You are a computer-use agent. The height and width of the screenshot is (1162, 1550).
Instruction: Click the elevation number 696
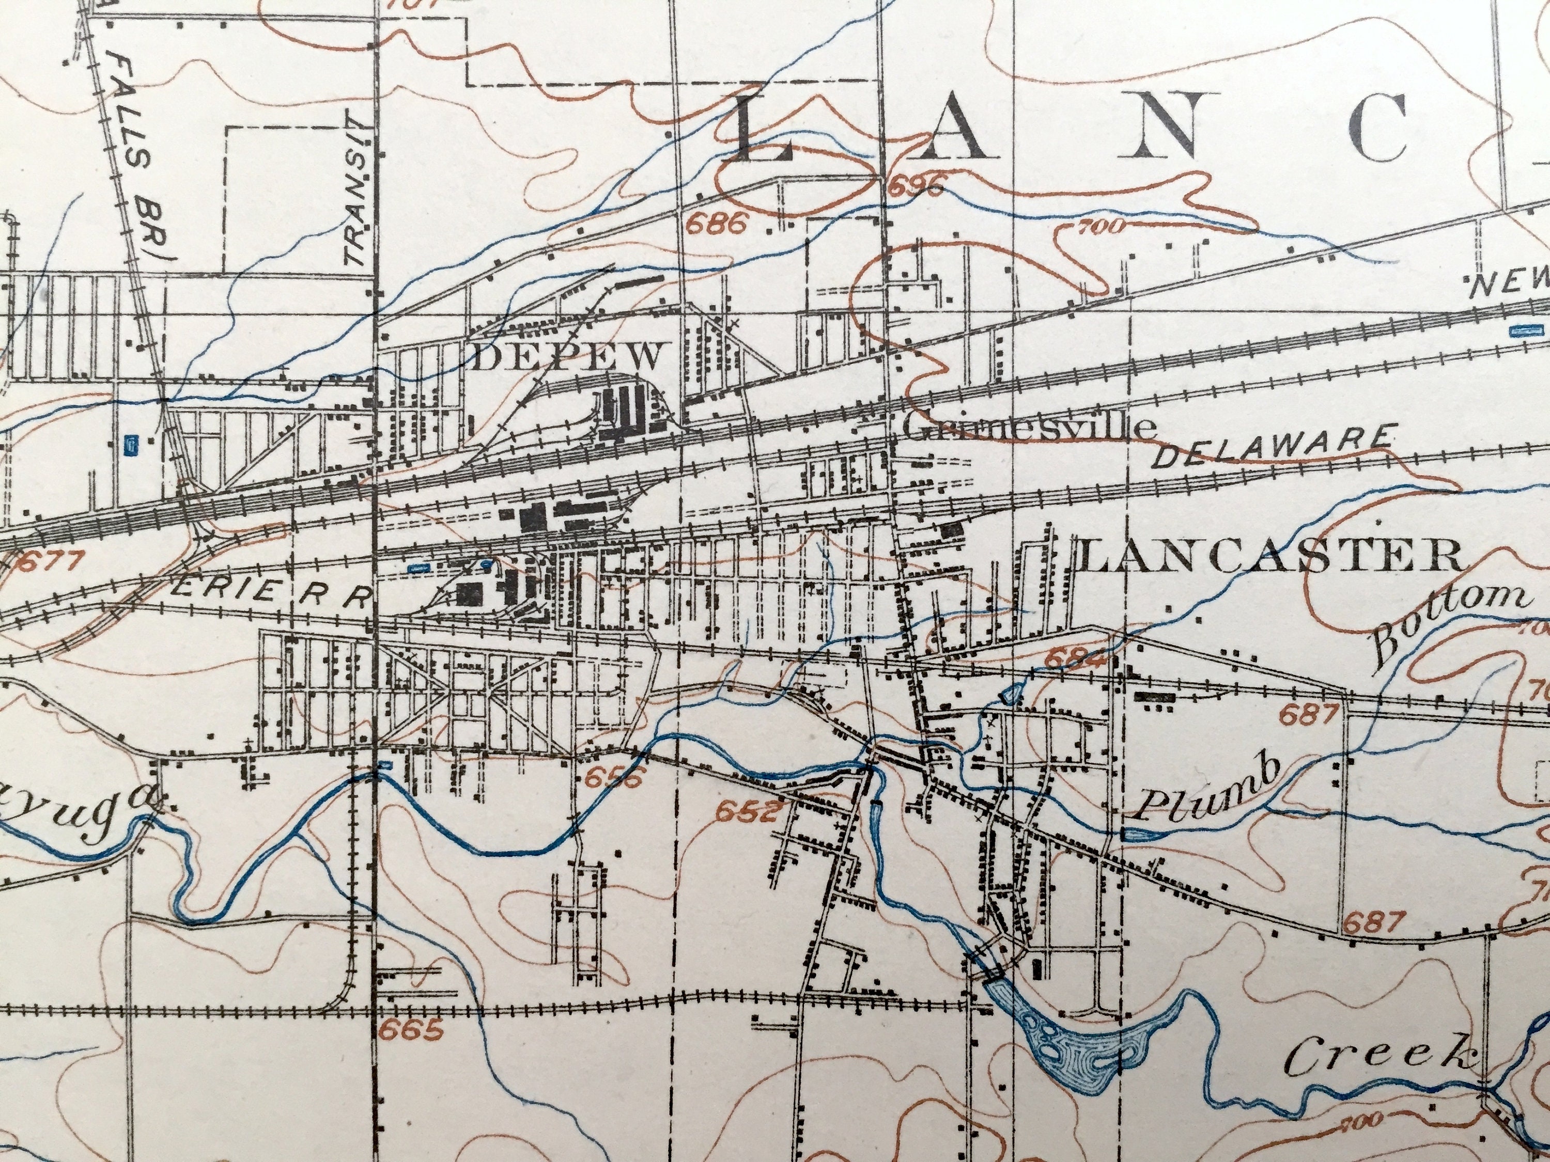917,187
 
